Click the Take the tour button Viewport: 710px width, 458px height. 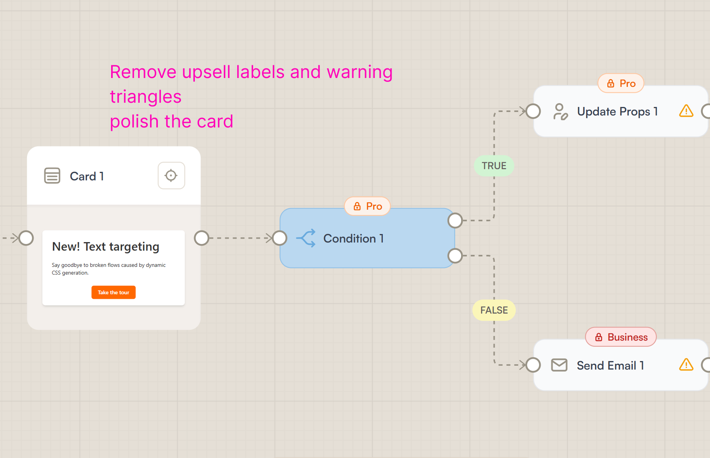click(113, 292)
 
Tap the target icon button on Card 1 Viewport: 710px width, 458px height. click(171, 176)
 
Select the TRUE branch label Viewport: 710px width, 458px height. click(494, 166)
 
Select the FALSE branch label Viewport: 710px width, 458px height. click(494, 310)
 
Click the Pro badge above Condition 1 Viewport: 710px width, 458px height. click(367, 206)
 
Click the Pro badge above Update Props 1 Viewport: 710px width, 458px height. click(621, 83)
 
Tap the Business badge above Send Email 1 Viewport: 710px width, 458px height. click(621, 337)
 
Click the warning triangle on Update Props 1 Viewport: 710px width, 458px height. click(686, 111)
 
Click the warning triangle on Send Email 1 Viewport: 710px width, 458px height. click(686, 365)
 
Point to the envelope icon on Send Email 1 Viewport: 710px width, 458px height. click(559, 365)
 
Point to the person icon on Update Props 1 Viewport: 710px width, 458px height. click(560, 112)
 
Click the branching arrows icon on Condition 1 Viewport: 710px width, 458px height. click(306, 238)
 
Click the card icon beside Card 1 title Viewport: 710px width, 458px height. click(52, 176)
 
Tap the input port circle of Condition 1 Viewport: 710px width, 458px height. click(279, 238)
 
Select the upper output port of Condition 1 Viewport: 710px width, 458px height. click(455, 221)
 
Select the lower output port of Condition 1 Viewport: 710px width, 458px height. click(455, 256)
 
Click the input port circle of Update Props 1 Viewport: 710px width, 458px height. click(533, 111)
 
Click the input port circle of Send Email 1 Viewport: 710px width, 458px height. click(533, 365)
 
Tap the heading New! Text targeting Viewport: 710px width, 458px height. click(106, 247)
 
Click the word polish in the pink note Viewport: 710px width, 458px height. click(134, 122)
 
